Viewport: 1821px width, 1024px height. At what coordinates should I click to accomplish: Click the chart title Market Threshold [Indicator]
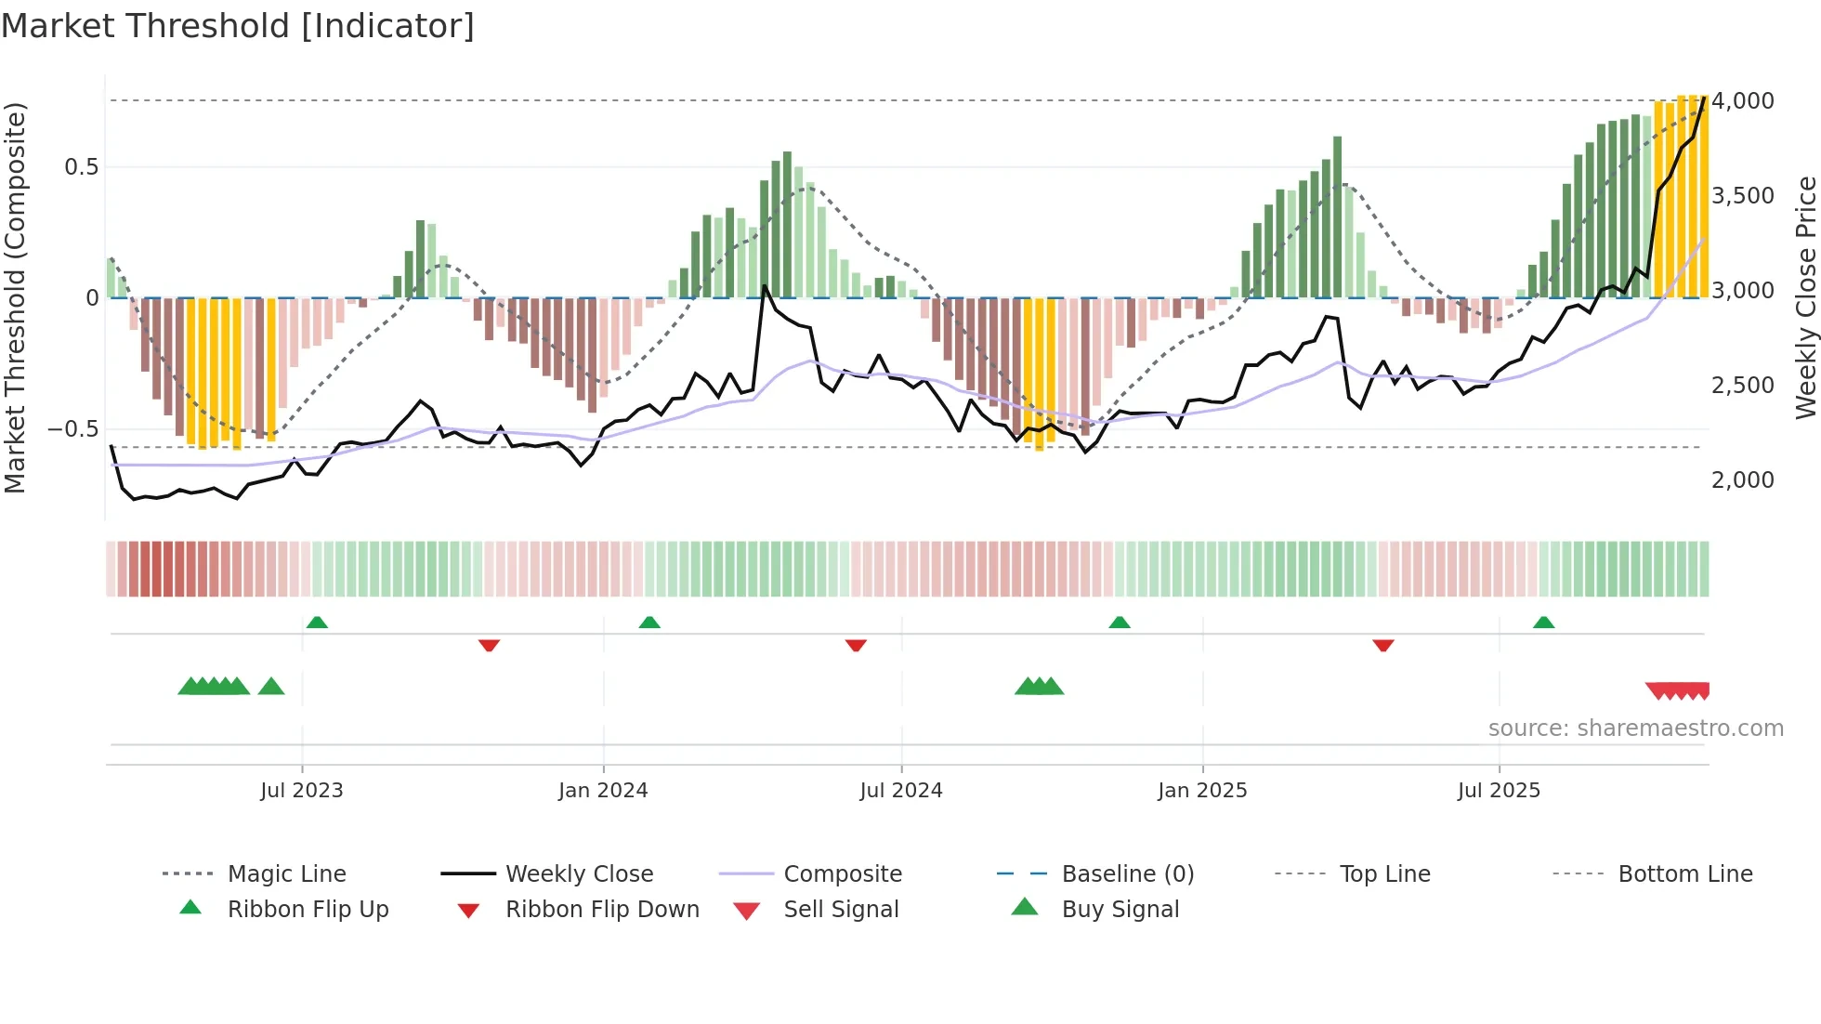point(238,26)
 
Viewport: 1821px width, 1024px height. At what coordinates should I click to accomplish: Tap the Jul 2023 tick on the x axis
point(301,791)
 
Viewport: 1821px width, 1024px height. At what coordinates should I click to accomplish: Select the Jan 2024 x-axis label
point(603,791)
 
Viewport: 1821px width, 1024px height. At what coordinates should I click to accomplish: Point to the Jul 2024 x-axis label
point(900,791)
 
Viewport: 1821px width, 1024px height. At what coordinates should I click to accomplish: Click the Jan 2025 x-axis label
point(1202,791)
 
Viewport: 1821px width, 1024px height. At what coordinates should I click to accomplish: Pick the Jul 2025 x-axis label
point(1499,791)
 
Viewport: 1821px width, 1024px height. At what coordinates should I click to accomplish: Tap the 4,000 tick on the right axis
point(1742,100)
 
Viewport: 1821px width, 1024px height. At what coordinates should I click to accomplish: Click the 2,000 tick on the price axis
point(1742,479)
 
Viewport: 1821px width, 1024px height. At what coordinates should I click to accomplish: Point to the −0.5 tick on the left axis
point(72,429)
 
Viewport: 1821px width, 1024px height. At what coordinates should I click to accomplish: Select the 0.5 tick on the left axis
point(81,167)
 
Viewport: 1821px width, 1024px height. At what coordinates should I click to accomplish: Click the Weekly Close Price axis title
point(1805,297)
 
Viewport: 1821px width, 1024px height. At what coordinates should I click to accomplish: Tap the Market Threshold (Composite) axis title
point(15,297)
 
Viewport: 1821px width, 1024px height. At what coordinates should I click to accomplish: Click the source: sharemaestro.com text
point(1635,729)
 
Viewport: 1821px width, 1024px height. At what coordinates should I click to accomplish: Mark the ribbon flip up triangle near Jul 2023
point(317,623)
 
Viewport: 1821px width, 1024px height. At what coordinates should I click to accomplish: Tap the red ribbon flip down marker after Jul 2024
point(856,645)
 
